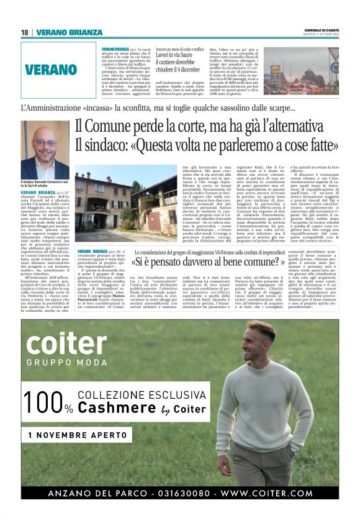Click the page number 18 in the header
pyautogui.click(x=25, y=32)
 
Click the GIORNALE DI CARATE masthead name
pyautogui.click(x=322, y=30)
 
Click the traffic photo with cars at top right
pyautogui.click(x=300, y=70)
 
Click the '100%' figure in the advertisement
pyautogui.click(x=50, y=403)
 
